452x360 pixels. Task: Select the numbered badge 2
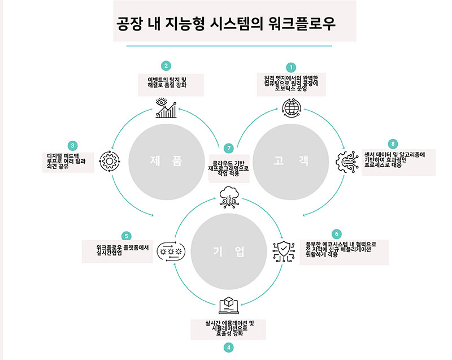click(x=166, y=66)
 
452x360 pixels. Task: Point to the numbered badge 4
click(x=228, y=348)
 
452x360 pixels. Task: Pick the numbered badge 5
click(x=127, y=236)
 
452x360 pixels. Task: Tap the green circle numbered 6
click(x=337, y=233)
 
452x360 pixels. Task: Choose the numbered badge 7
click(x=228, y=148)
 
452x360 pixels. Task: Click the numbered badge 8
click(x=394, y=143)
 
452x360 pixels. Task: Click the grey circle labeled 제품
click(x=166, y=161)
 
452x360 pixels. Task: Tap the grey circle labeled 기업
click(x=228, y=251)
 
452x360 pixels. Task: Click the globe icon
click(x=291, y=107)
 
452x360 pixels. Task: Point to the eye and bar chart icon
click(x=166, y=108)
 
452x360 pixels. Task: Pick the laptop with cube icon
click(x=228, y=305)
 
